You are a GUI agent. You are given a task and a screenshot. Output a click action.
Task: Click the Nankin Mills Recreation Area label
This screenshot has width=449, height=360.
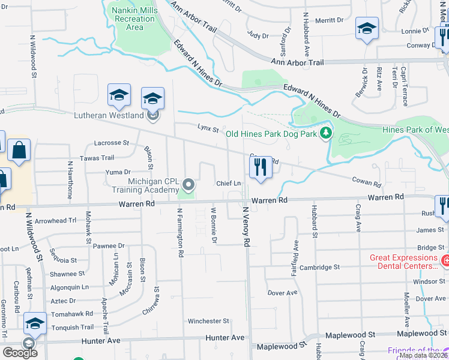[135, 18]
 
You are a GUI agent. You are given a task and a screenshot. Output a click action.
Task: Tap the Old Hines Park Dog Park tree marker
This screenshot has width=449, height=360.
[325, 133]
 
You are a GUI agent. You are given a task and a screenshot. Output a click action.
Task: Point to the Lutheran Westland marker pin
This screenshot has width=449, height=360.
[153, 115]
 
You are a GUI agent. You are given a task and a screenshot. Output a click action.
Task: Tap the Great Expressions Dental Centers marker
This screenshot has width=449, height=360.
[445, 262]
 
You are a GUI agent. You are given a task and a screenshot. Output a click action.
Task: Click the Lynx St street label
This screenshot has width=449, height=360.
[208, 127]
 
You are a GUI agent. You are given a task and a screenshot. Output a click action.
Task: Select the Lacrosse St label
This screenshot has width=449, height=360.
[112, 143]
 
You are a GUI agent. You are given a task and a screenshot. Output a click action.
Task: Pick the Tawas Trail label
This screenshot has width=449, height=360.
[100, 158]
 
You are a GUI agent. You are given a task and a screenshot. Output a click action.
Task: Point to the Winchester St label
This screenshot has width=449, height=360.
[208, 321]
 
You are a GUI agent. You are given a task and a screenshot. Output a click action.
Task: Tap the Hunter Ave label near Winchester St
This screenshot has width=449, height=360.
[225, 338]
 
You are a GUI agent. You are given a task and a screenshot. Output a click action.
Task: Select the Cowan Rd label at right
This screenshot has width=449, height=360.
[366, 181]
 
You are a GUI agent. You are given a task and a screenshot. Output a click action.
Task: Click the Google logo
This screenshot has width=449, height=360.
[20, 353]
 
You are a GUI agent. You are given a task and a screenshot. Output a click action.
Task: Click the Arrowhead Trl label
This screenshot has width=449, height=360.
[56, 221]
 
